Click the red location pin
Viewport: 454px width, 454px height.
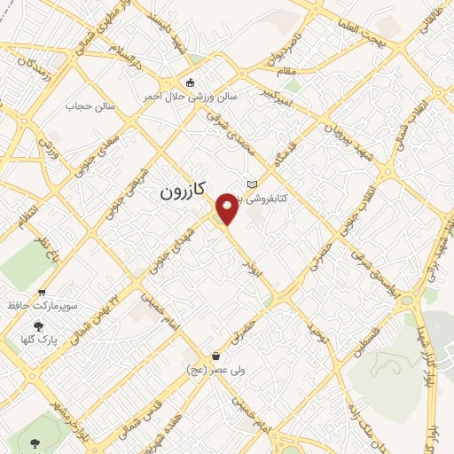tap(227, 209)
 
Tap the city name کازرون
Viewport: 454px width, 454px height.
tap(184, 191)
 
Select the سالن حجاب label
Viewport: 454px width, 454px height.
tap(85, 106)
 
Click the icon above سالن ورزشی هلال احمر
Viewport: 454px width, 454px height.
tap(190, 83)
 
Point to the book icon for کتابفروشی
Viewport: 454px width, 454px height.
tap(252, 184)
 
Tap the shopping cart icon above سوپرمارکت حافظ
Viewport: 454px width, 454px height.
tap(41, 292)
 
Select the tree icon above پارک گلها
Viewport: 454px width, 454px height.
tap(38, 325)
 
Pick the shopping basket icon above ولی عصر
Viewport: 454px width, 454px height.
tap(215, 356)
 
